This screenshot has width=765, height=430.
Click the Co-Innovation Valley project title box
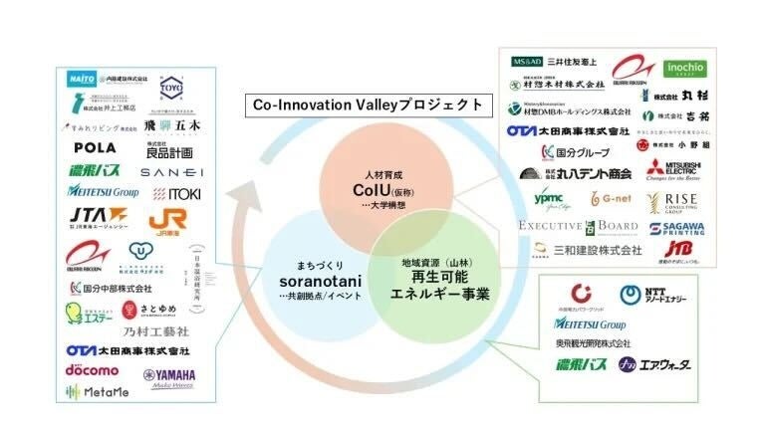click(366, 105)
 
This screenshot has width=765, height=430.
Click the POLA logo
click(95, 147)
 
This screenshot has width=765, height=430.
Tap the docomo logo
click(92, 370)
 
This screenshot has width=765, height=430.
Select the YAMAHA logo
click(170, 376)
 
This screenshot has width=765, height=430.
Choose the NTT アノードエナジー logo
click(648, 296)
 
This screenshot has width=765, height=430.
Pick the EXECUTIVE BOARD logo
click(578, 226)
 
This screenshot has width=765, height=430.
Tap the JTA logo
click(98, 216)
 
